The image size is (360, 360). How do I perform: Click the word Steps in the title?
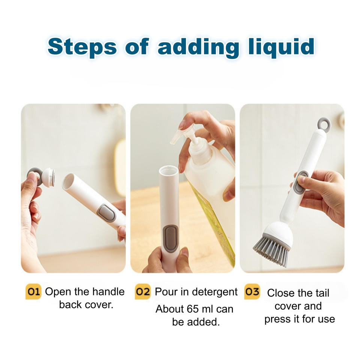(x=82, y=47)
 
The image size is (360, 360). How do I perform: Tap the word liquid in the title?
(x=282, y=47)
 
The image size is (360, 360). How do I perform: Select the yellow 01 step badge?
(x=33, y=292)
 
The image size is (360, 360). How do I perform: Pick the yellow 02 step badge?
(x=142, y=292)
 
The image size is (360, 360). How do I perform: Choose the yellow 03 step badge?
(x=252, y=292)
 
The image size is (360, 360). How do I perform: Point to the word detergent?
(x=214, y=292)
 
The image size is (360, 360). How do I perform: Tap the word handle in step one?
(x=109, y=292)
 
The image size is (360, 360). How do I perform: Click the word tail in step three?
(x=322, y=293)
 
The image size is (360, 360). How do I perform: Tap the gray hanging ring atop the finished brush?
(x=324, y=124)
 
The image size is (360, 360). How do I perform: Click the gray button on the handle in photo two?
(x=170, y=238)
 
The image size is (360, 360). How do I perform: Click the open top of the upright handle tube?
(x=169, y=170)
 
